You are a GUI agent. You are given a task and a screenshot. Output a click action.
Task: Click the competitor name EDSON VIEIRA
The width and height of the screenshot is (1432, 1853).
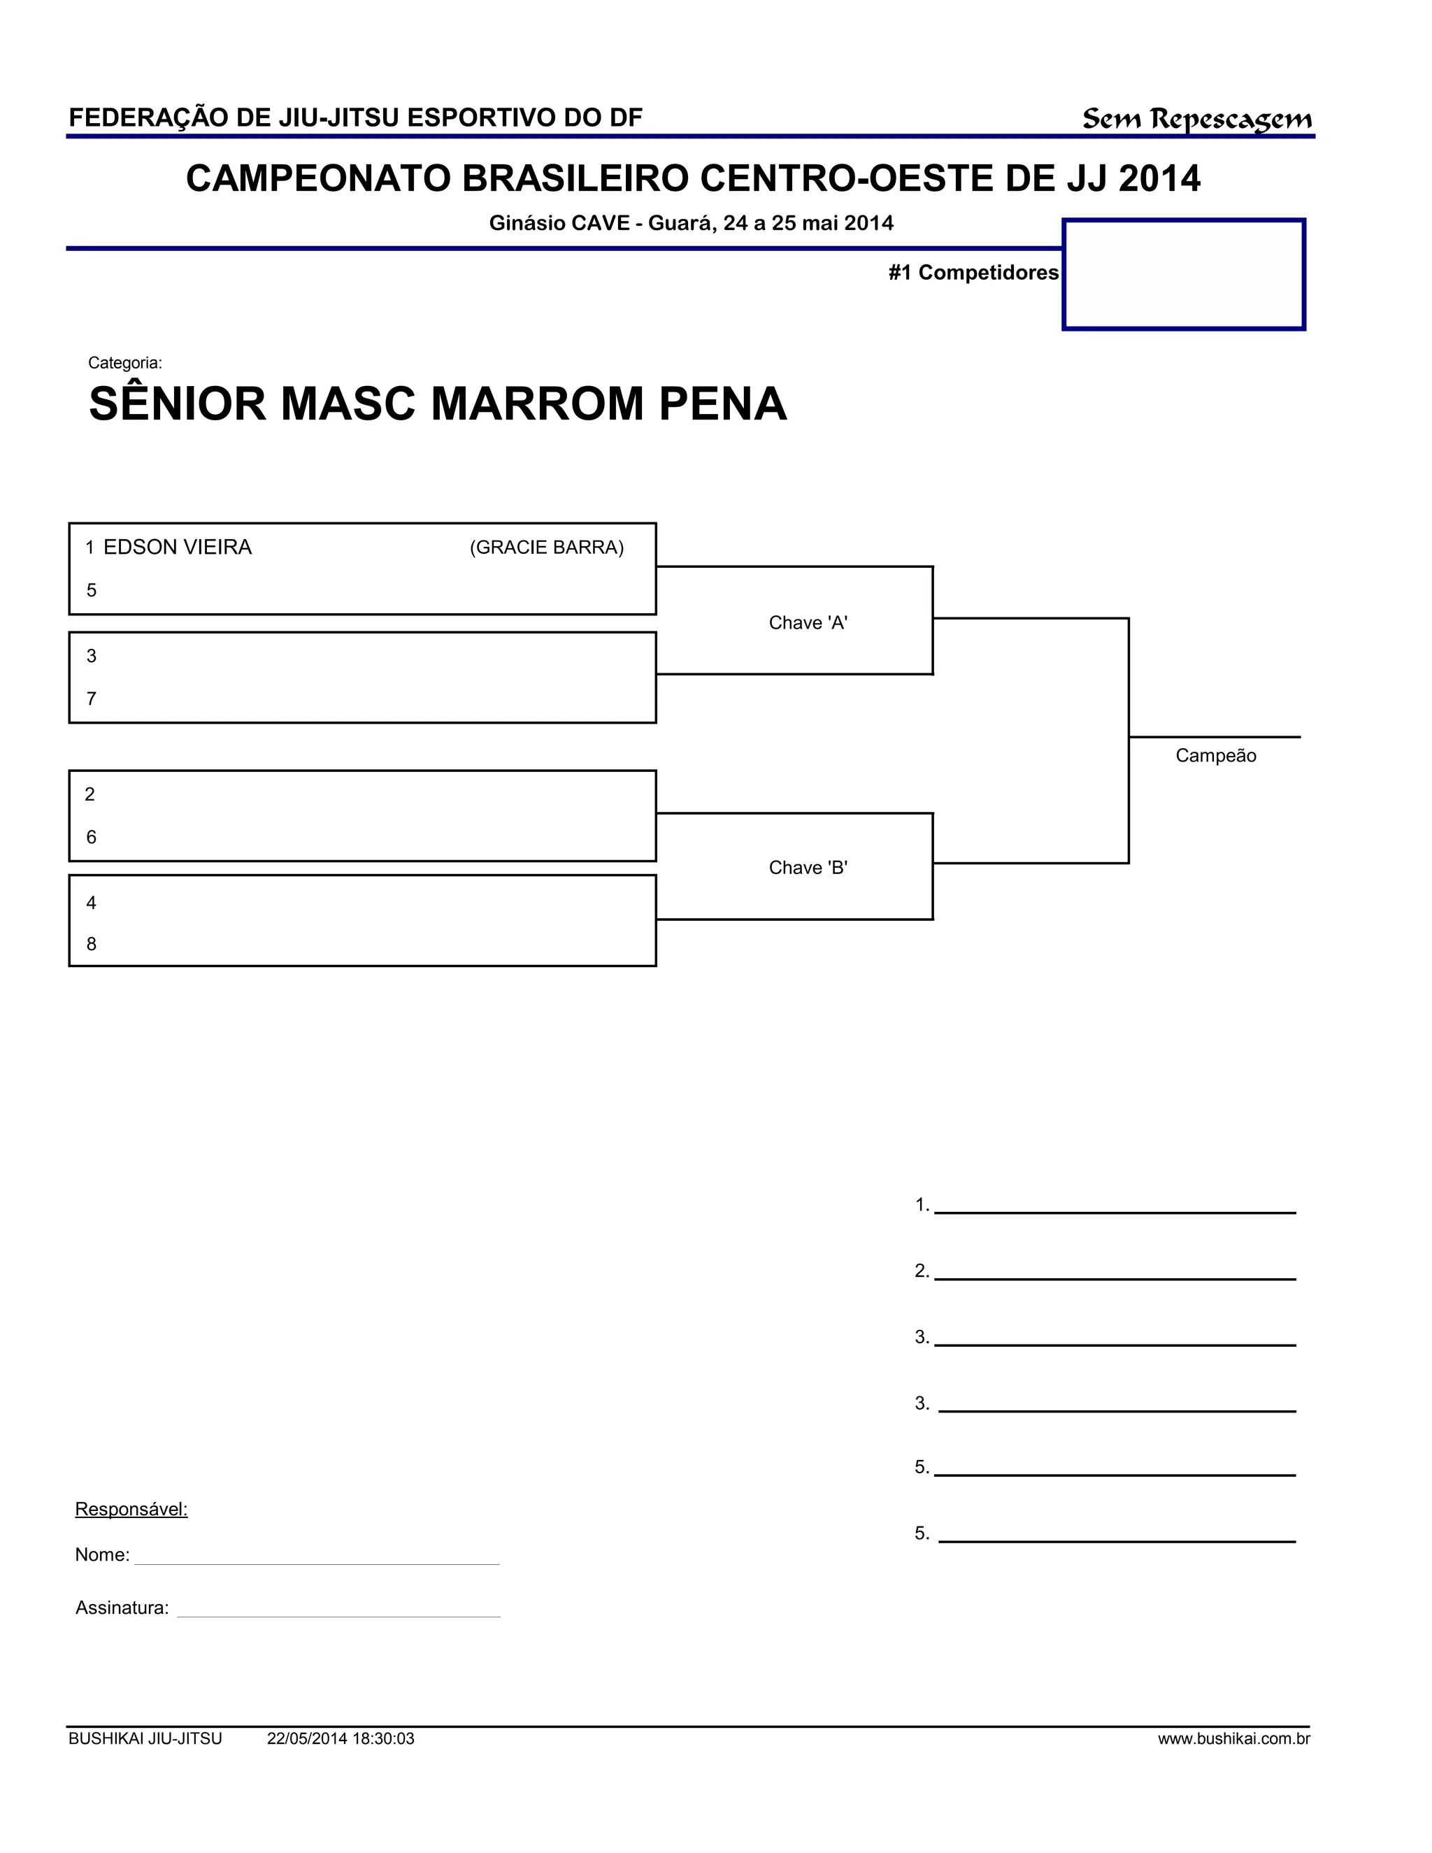(178, 548)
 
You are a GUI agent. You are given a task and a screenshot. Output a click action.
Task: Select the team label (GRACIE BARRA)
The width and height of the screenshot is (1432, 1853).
(546, 548)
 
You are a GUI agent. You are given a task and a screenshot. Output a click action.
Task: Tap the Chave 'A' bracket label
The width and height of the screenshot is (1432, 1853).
(808, 623)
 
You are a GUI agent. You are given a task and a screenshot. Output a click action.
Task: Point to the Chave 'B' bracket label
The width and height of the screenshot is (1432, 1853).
(808, 867)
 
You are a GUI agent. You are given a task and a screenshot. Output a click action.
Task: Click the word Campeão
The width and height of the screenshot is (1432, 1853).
(1215, 756)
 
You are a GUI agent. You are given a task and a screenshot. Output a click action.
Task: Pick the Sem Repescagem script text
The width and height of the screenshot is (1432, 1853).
(1196, 120)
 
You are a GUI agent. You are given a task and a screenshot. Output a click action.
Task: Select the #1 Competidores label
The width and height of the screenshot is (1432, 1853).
(973, 272)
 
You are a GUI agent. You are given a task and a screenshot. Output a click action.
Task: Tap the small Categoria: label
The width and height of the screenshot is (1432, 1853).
(124, 363)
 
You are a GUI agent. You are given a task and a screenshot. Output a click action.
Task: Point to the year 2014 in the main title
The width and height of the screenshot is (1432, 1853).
(1159, 179)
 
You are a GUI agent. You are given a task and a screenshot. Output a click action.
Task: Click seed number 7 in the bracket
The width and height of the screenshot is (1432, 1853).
(92, 699)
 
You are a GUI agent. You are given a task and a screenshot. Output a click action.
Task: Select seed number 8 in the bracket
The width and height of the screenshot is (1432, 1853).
(92, 944)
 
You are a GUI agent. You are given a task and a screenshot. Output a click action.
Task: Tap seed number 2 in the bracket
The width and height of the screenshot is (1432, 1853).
(90, 794)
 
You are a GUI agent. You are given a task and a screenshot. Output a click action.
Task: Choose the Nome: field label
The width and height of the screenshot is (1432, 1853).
(102, 1555)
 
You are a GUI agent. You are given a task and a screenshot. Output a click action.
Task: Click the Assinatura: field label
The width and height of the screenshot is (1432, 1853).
(122, 1608)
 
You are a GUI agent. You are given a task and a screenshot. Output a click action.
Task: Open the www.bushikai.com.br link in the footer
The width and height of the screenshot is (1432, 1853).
(1233, 1739)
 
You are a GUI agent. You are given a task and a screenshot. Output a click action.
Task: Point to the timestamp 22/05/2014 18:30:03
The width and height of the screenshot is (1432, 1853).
(341, 1739)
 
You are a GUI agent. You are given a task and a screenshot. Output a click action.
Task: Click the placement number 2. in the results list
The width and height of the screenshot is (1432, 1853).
(922, 1271)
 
